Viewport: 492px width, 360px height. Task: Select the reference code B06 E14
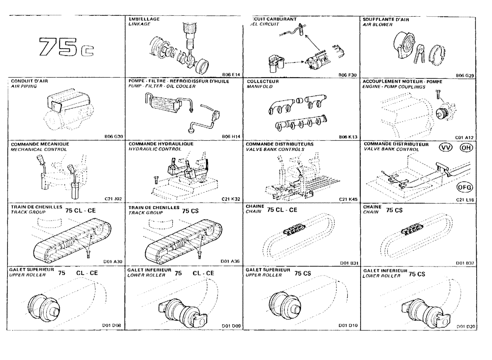tap(231, 75)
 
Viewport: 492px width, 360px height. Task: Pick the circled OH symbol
tap(466, 149)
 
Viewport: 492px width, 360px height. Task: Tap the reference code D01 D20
tap(465, 326)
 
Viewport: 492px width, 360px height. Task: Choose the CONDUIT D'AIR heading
tap(29, 81)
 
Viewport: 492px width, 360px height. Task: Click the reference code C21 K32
tap(231, 199)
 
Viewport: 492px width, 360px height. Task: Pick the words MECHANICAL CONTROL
tap(33, 149)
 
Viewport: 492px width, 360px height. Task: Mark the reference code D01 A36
tap(231, 262)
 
